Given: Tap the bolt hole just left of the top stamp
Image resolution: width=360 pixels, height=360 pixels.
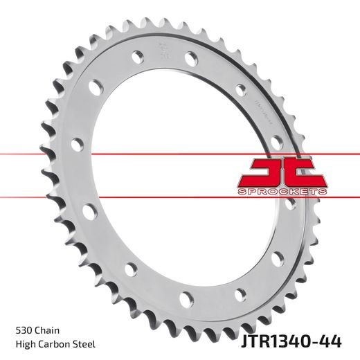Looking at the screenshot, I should pos(137,52).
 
